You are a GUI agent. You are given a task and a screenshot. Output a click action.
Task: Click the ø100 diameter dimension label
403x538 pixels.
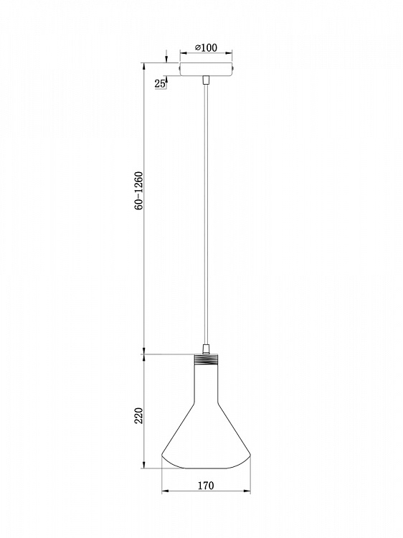click(x=206, y=47)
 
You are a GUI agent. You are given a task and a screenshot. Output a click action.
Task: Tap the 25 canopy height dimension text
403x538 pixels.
click(x=159, y=83)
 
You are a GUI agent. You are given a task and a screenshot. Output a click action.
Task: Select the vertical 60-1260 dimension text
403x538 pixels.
click(x=138, y=190)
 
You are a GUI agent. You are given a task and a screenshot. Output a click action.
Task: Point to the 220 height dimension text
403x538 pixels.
click(x=138, y=415)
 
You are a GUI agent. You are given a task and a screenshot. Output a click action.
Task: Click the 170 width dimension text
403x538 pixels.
click(x=206, y=485)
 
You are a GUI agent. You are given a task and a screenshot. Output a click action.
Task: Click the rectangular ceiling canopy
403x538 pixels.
click(x=206, y=69)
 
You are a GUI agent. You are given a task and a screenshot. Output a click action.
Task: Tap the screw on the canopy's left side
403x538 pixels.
click(x=179, y=68)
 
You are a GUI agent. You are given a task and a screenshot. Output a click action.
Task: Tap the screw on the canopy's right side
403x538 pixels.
click(x=233, y=68)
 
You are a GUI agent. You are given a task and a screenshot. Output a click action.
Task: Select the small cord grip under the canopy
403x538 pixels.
click(x=206, y=80)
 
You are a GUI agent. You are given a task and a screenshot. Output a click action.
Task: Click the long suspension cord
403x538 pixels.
click(x=206, y=214)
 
